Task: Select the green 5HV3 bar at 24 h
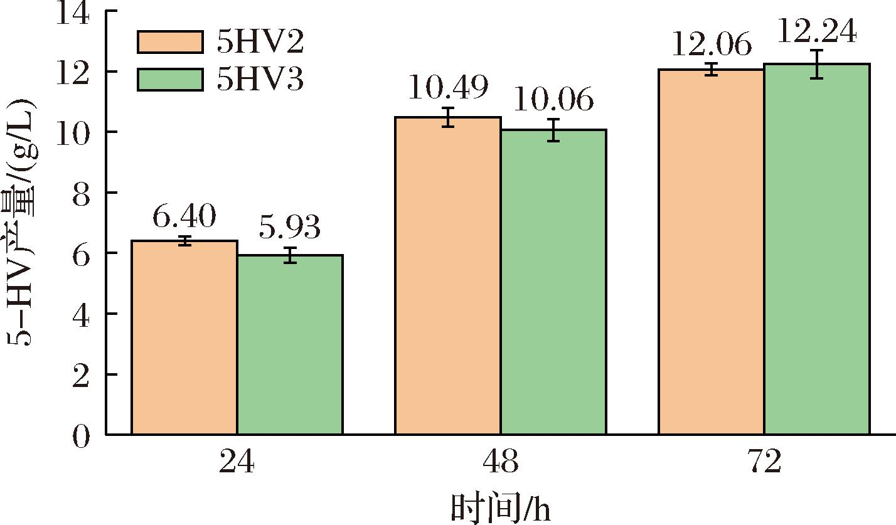[290, 344]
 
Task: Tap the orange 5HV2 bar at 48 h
[448, 275]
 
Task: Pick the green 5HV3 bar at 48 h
[553, 282]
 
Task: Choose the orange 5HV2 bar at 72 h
[712, 252]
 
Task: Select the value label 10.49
[448, 88]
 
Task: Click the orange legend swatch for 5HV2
[170, 43]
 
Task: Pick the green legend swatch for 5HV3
[170, 80]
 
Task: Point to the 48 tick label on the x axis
[500, 463]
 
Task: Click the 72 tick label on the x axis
[764, 463]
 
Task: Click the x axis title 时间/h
[500, 507]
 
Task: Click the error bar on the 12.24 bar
[816, 64]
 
